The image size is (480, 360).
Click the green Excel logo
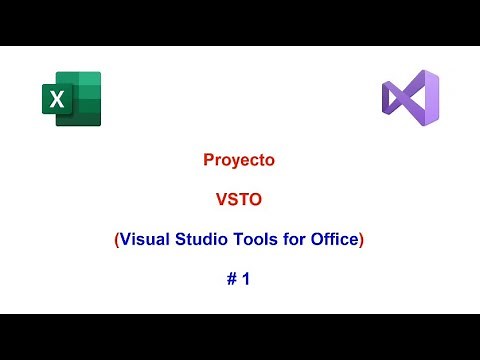[71, 98]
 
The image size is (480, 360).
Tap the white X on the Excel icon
[56, 99]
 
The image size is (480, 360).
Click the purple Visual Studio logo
[410, 98]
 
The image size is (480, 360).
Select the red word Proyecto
[239, 159]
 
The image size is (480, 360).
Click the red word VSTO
[239, 199]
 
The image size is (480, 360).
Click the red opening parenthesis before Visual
[116, 239]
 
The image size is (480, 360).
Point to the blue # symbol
[230, 280]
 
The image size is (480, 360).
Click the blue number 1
[245, 280]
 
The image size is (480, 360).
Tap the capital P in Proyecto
[207, 159]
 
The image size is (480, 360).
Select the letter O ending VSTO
[257, 199]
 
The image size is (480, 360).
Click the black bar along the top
[240, 22]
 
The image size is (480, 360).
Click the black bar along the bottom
[240, 337]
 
